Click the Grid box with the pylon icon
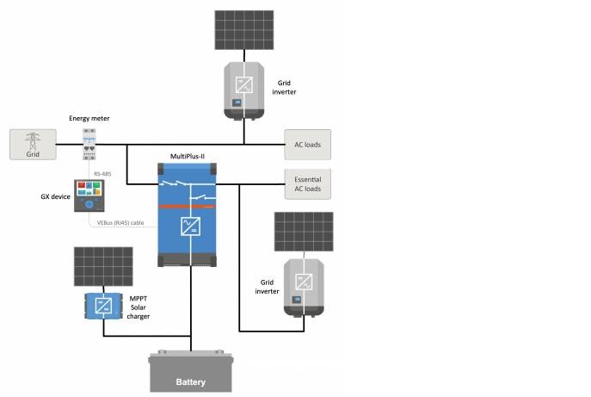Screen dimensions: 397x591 [x=32, y=144]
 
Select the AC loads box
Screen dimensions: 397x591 [x=307, y=144]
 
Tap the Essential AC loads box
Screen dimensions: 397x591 [x=307, y=183]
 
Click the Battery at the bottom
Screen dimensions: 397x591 [x=191, y=372]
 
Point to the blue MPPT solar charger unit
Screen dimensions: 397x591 [x=103, y=306]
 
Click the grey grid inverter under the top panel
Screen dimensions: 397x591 [x=245, y=89]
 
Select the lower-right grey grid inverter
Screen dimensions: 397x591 [x=304, y=288]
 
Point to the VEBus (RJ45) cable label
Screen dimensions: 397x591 [x=125, y=222]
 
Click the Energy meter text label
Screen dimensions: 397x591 [x=89, y=118]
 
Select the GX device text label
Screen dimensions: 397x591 [x=56, y=196]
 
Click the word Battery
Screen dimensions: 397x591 [x=191, y=381]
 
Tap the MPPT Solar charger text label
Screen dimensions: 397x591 [x=139, y=307]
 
